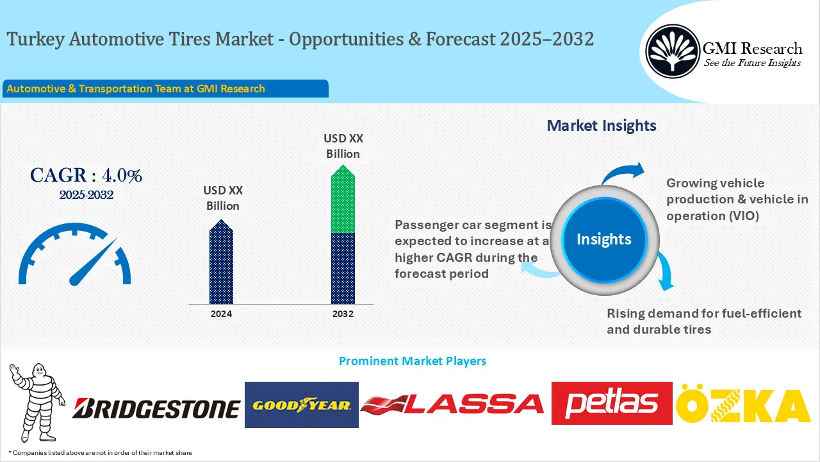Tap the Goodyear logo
301,405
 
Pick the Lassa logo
452,404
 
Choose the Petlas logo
612,403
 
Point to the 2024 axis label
221,314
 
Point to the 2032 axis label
343,314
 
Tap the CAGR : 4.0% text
86,175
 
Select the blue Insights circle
603,239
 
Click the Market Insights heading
601,126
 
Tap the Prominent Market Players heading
412,361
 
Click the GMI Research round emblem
672,51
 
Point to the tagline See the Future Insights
752,63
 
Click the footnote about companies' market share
100,453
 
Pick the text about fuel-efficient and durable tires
704,321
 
